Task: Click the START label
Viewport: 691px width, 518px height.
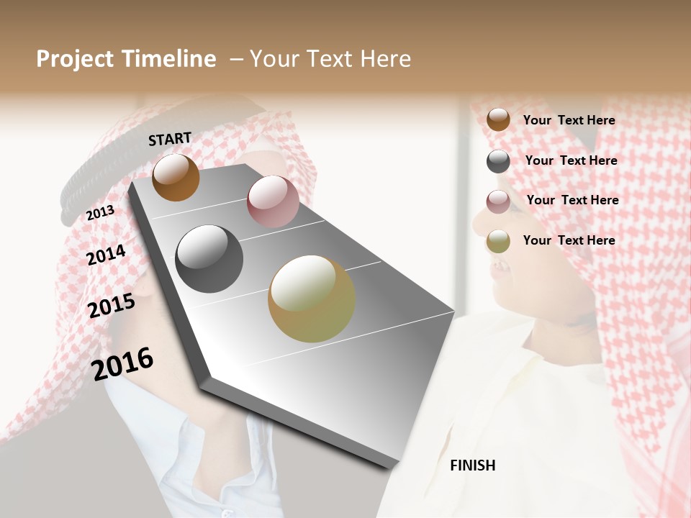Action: point(170,139)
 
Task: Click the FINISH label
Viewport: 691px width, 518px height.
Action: point(472,465)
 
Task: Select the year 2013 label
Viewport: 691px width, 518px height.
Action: point(100,212)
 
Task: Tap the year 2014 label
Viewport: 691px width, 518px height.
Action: point(107,255)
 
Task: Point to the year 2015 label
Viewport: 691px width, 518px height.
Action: point(112,306)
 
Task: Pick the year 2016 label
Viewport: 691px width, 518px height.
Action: point(123,363)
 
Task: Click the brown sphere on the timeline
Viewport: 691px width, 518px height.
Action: point(176,177)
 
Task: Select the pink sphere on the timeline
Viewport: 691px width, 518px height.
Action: point(273,201)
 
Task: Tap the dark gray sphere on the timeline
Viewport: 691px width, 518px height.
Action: point(209,259)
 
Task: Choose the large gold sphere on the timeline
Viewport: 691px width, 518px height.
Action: point(311,299)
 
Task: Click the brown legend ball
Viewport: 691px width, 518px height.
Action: point(498,119)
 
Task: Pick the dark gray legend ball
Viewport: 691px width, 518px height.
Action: point(498,161)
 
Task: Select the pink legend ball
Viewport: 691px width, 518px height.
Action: point(498,201)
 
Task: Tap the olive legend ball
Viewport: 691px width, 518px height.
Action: point(498,241)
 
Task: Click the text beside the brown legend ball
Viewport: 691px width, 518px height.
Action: point(569,120)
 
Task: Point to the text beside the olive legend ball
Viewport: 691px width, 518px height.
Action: point(569,240)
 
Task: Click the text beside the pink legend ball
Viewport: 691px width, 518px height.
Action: point(572,200)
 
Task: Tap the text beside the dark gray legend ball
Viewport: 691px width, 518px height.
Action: point(571,160)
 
